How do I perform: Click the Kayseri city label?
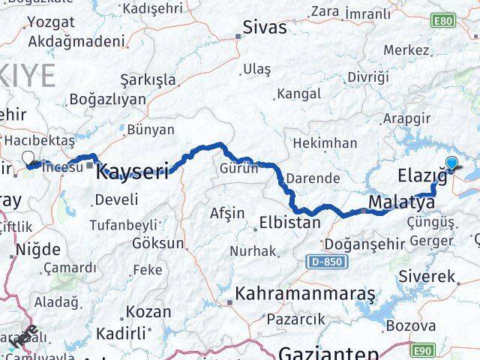click(133, 171)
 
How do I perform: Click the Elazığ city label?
click(421, 176)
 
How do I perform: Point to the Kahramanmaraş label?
click(293, 294)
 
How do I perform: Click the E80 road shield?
click(445, 20)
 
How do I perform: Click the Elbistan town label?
click(289, 223)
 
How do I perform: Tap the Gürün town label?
click(238, 168)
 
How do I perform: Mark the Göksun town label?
click(157, 243)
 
